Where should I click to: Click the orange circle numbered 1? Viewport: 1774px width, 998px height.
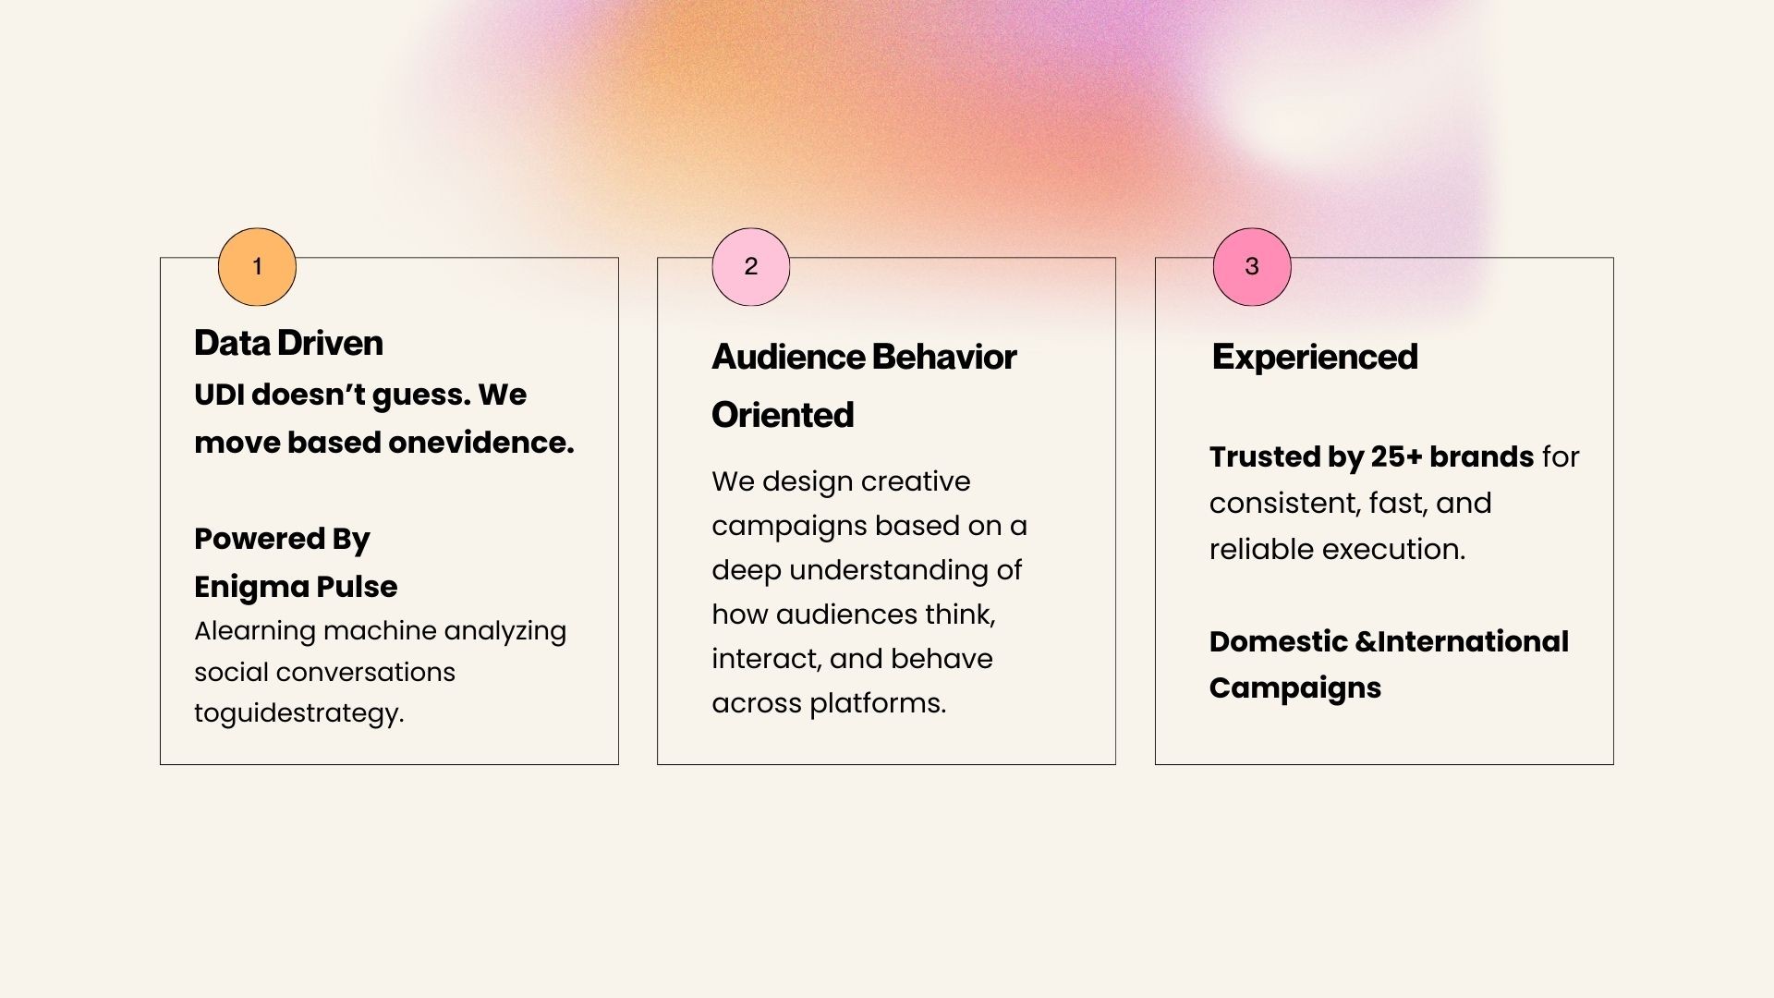257,267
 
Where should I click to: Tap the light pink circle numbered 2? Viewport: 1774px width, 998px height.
751,267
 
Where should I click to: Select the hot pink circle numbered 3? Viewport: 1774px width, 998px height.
1252,267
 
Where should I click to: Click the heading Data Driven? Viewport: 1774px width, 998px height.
288,343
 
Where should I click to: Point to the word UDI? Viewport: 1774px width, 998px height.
219,395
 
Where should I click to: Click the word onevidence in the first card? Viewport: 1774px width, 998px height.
480,443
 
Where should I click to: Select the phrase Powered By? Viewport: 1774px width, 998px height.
282,540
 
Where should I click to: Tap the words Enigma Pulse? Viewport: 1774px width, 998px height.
296,587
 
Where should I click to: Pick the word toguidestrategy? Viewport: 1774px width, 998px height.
299,713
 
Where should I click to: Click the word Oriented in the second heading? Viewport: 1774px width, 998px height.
783,415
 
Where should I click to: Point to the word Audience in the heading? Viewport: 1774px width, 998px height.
787,357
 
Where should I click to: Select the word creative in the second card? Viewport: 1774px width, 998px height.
916,481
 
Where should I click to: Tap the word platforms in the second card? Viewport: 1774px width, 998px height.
878,704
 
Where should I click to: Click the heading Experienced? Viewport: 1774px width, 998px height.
1315,358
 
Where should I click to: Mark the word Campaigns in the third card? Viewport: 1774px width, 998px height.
1295,688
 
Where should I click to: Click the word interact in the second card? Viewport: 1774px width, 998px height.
766,659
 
